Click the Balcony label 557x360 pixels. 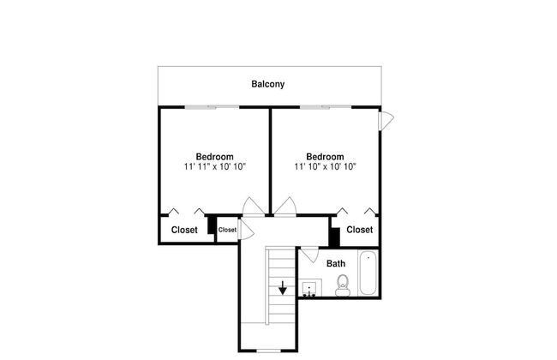click(x=268, y=84)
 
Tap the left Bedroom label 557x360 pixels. click(x=214, y=157)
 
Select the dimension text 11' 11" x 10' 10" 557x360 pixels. click(x=215, y=166)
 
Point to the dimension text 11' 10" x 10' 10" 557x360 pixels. click(x=325, y=166)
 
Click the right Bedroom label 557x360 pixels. click(x=325, y=157)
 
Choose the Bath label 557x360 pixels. click(x=336, y=264)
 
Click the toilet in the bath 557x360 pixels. click(x=343, y=285)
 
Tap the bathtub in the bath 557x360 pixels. click(x=368, y=273)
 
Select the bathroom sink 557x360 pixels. click(x=309, y=288)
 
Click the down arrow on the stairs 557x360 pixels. click(x=283, y=288)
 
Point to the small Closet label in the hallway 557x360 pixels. click(x=227, y=230)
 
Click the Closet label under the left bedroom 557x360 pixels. click(x=184, y=230)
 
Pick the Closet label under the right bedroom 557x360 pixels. click(x=360, y=230)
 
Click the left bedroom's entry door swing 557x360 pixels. click(x=253, y=207)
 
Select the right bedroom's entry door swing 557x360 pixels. click(x=285, y=207)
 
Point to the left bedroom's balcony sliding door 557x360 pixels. click(x=212, y=107)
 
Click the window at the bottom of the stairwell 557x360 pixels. click(x=268, y=351)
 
